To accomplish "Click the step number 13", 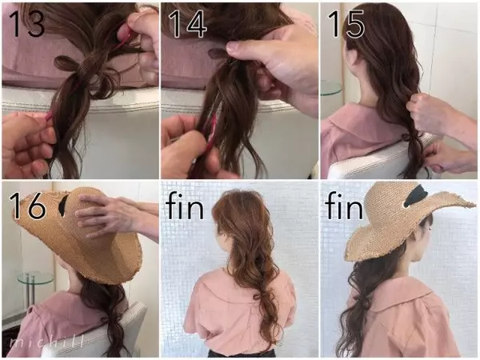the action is click(x=27, y=24).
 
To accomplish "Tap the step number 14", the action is click(x=188, y=24).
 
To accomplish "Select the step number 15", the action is click(x=346, y=24).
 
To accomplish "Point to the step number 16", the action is click(x=27, y=205).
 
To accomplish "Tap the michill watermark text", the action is click(x=46, y=342).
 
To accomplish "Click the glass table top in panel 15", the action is click(x=331, y=88).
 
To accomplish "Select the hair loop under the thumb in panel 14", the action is click(x=218, y=54).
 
